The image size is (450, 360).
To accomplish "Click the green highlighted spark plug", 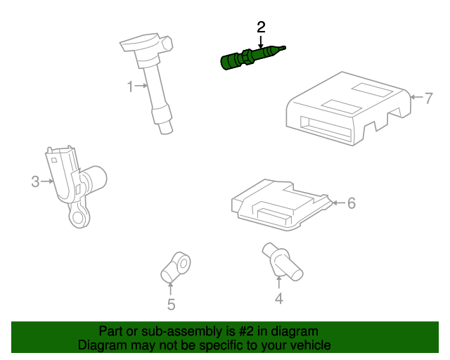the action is pos(252,57).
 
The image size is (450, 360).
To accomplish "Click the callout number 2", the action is pos(261,27).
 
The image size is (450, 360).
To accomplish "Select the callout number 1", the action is pos(131,86).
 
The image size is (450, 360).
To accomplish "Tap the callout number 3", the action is pos(35,181).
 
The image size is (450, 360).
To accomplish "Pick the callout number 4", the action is pos(279,298).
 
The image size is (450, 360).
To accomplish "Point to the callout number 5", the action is pos(171,304).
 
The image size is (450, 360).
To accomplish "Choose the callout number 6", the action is pos(352,203).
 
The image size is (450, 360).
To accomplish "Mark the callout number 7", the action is pos(428,98).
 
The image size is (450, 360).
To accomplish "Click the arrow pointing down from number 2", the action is pos(261,42).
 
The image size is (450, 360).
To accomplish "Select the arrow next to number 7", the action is pos(416,97).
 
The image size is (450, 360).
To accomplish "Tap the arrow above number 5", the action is pos(171,289).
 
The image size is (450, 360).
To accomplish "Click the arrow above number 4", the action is pos(278,282).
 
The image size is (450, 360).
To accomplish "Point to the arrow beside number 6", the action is pos(339,203).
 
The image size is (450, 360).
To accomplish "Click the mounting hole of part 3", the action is pos(78,217).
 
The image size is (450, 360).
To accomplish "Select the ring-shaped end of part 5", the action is pos(184,263).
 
